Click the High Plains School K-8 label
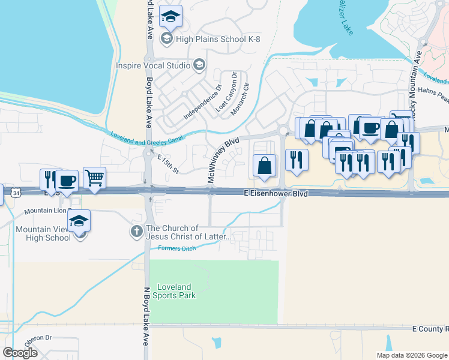pyautogui.click(x=209, y=39)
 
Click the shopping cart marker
pyautogui.click(x=95, y=177)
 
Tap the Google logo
pyautogui.click(x=20, y=353)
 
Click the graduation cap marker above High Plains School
pyautogui.click(x=171, y=17)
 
